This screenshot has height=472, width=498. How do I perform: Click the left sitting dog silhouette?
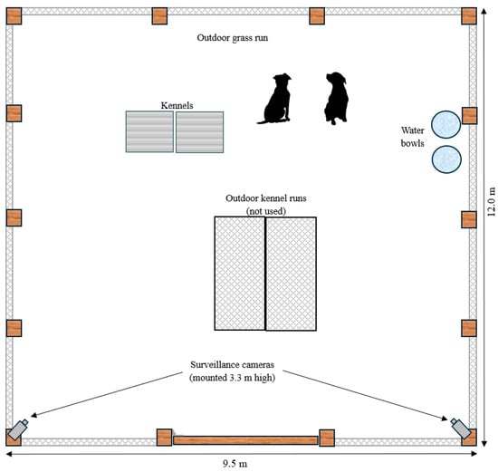tap(275, 101)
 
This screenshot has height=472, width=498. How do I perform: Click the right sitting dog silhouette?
tap(337, 99)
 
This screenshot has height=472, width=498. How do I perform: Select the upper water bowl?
tap(445, 125)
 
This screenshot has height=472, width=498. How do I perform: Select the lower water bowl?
tap(446, 159)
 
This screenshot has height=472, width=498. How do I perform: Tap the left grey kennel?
tap(149, 131)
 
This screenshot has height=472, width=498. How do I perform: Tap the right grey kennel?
tap(200, 132)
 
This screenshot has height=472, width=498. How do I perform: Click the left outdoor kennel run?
tap(240, 274)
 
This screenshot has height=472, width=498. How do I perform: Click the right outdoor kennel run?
tap(291, 274)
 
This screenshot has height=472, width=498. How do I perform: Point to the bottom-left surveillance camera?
tap(18, 429)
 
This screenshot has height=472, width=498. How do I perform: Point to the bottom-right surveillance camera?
tap(461, 429)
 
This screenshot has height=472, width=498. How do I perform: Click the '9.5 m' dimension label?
tap(235, 464)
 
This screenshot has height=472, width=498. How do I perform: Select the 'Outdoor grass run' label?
tap(233, 38)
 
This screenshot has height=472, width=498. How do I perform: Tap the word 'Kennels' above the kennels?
tap(177, 105)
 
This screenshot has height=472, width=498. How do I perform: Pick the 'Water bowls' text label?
tap(413, 137)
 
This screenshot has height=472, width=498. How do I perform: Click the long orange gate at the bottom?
tap(245, 440)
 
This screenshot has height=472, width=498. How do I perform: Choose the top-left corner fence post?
tap(14, 16)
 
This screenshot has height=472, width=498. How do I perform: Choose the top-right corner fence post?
tap(469, 16)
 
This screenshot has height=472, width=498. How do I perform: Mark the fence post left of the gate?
tap(165, 438)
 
